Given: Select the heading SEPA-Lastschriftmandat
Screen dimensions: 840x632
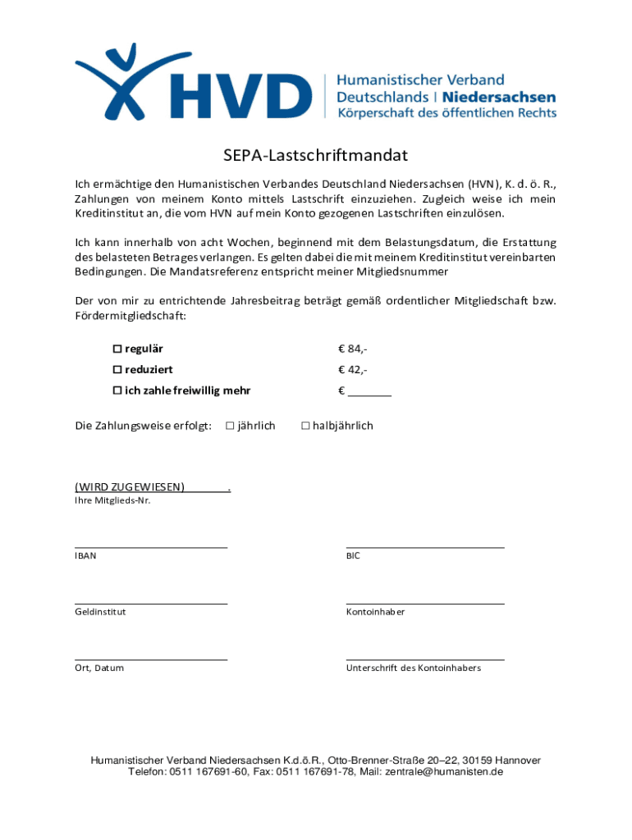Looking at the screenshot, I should point(316,155).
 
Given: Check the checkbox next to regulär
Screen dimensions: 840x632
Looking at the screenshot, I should point(117,349).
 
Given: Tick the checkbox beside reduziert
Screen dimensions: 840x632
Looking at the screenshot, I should point(117,370).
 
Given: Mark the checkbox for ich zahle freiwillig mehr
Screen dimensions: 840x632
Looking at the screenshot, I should point(117,390).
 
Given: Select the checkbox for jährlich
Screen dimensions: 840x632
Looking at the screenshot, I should point(230,426).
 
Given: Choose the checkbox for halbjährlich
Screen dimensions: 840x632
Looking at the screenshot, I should point(305,426).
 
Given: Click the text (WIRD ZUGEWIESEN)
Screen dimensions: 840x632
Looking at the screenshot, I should point(130,486).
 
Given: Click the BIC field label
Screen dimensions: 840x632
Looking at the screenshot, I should point(353,555).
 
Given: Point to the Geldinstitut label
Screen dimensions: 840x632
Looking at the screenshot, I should point(100,612).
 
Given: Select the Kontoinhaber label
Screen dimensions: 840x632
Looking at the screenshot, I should point(375,612).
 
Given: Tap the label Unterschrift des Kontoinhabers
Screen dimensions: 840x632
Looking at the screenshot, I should point(414,668).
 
